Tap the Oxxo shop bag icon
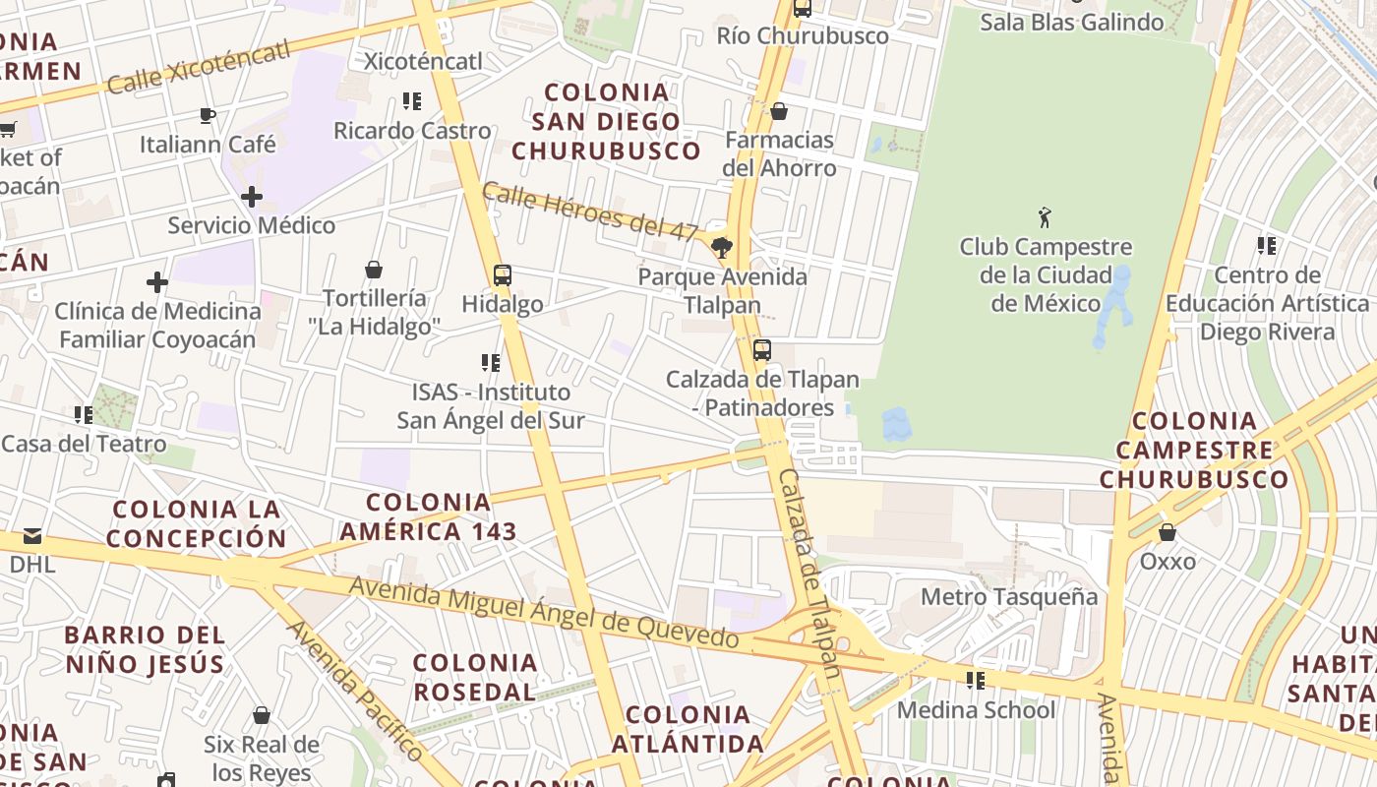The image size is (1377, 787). (x=1167, y=533)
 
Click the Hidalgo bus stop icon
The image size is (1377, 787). (x=503, y=275)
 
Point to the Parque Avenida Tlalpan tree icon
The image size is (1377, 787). (x=722, y=247)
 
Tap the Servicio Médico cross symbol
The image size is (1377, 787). (x=252, y=197)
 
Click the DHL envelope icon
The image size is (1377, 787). (x=32, y=536)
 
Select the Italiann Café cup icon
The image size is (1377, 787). (x=208, y=116)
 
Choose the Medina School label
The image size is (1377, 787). (x=976, y=710)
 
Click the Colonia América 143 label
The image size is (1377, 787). (x=428, y=517)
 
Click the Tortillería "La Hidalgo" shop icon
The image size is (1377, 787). (x=374, y=270)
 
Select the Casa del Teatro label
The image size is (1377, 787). (x=84, y=444)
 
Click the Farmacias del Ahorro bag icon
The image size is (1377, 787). (x=779, y=111)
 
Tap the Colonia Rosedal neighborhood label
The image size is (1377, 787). (x=475, y=677)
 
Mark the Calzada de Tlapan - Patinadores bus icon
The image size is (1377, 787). (x=762, y=350)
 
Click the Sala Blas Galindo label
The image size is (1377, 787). (x=1072, y=22)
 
